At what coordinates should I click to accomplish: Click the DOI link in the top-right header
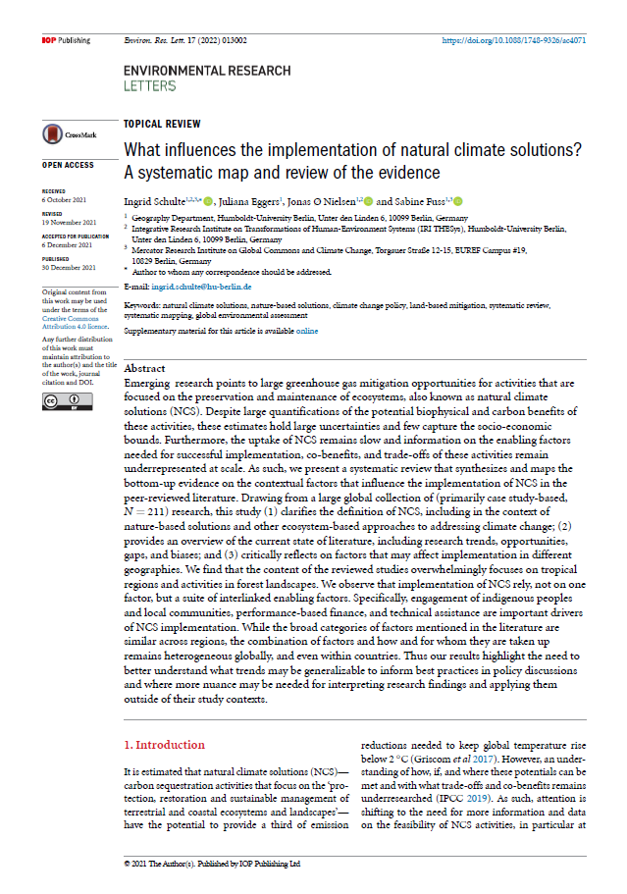(x=516, y=40)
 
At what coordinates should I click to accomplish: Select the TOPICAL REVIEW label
(x=162, y=124)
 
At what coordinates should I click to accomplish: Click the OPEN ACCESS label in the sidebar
(x=68, y=165)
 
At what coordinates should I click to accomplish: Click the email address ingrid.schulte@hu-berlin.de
(x=202, y=287)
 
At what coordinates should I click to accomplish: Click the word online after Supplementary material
(x=307, y=332)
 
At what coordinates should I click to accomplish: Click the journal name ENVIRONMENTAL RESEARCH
(x=206, y=71)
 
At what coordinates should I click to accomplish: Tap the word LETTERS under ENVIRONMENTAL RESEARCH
(x=148, y=85)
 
